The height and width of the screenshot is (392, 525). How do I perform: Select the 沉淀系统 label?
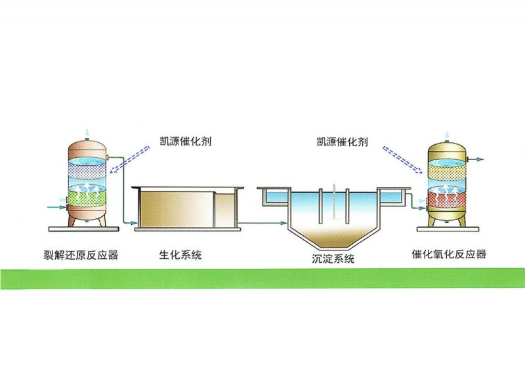(333, 258)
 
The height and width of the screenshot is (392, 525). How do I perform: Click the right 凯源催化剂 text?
(340, 140)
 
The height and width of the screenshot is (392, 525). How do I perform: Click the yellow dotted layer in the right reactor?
(447, 172)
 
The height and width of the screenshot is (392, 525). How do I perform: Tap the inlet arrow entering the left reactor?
(54, 207)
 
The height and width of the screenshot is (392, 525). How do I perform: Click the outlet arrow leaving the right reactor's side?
(476, 159)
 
